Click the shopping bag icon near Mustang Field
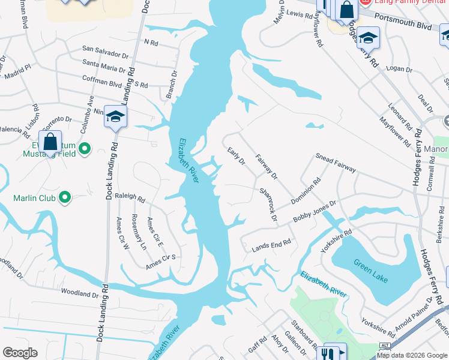(50, 142)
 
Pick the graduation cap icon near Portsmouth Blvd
(368, 37)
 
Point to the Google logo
(20, 353)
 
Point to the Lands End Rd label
(271, 244)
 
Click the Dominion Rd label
(307, 191)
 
